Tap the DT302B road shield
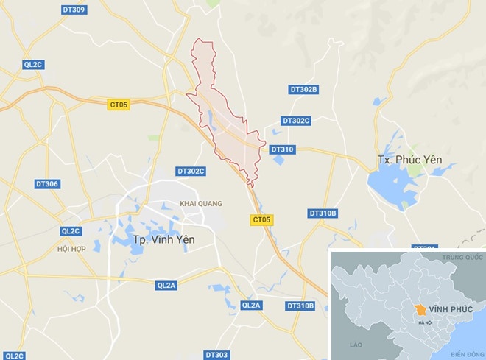coord(303,90)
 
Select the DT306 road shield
coord(46,183)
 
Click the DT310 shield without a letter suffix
coord(282,149)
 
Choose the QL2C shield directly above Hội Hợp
coord(71,230)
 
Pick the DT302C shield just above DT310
coord(296,121)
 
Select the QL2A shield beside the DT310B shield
coord(251,305)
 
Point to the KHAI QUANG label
coord(200,204)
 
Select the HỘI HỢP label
coord(71,249)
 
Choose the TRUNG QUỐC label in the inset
coord(461,258)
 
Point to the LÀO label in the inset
coord(357,344)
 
